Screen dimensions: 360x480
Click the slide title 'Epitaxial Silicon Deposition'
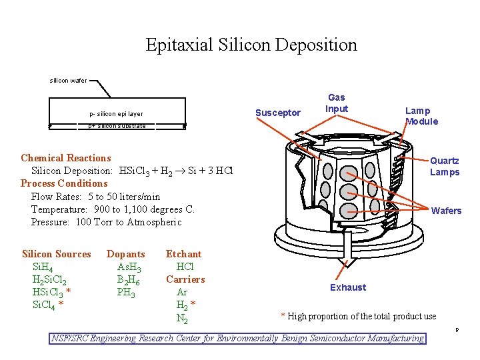tap(251, 45)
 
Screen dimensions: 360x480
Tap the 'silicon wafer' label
tap(68, 81)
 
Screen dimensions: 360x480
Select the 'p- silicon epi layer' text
tap(116, 114)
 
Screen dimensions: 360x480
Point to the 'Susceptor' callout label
tap(278, 113)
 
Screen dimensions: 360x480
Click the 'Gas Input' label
tap(337, 103)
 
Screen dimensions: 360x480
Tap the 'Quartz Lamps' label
tap(444, 167)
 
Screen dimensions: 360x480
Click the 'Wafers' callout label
tap(446, 211)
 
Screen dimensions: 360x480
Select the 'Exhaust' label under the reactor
tap(348, 287)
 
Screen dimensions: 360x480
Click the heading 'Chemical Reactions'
tap(66, 158)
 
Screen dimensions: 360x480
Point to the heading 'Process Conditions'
tap(64, 183)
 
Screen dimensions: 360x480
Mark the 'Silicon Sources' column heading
tap(56, 254)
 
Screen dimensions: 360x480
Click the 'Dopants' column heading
tap(125, 254)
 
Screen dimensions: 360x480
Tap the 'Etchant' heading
tap(183, 254)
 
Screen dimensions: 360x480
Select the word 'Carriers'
tap(185, 279)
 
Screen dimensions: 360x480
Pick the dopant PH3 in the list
tap(126, 293)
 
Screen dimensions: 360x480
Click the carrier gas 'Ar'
tap(182, 293)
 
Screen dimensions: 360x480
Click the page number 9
tap(457, 331)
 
